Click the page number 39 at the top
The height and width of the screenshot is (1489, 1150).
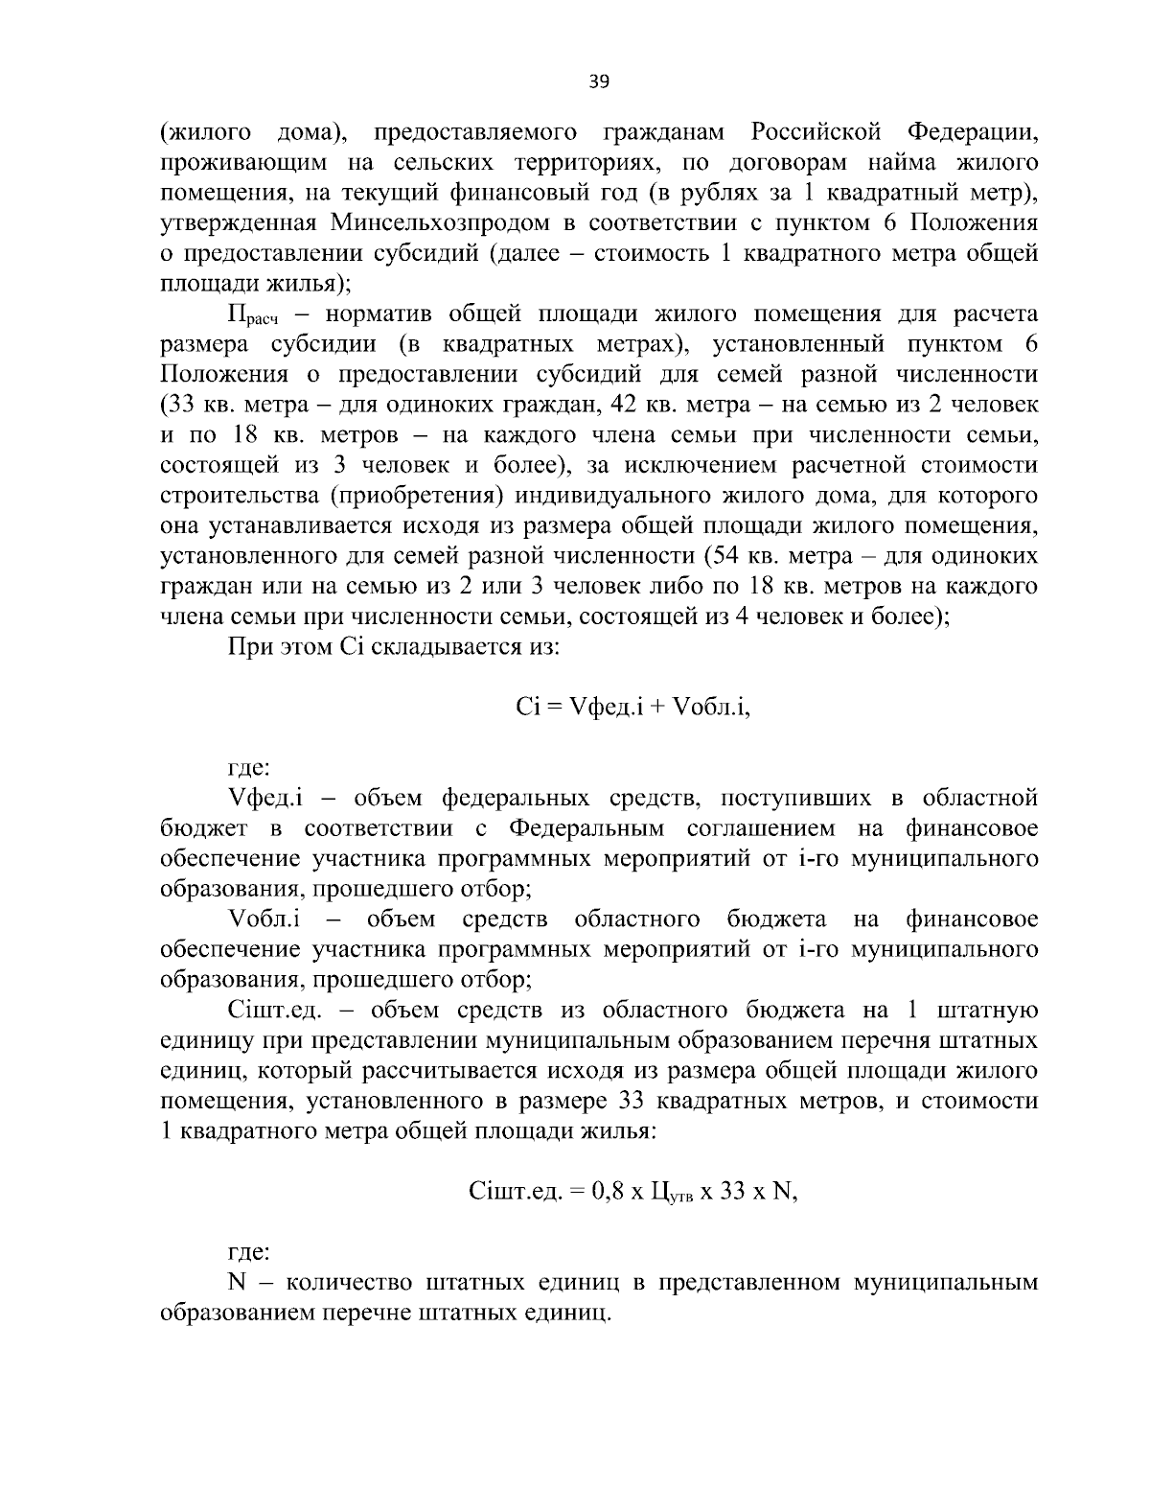tap(599, 81)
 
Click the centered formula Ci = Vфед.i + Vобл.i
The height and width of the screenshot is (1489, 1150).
tap(632, 707)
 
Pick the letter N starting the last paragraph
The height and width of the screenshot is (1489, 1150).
tap(238, 1282)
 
